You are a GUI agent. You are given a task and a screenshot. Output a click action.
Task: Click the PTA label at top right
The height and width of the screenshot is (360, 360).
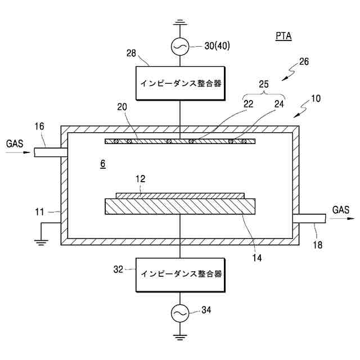(283, 37)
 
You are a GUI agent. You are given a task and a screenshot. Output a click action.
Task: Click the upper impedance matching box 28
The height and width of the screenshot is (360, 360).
(179, 83)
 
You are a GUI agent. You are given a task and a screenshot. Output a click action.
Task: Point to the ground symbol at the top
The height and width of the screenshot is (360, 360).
(179, 24)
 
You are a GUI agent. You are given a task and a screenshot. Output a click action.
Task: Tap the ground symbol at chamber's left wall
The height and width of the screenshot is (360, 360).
(40, 241)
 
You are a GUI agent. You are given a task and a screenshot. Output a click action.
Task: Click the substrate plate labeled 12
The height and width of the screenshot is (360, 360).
(180, 195)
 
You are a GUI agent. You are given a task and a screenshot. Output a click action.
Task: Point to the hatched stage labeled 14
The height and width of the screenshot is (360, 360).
(180, 206)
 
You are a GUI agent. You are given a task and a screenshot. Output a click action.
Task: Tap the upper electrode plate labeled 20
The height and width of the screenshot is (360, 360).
(180, 141)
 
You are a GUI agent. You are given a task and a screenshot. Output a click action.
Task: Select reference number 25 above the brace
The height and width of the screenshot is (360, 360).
(264, 84)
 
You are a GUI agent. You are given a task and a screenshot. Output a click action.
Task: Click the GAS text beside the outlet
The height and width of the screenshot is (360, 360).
(340, 210)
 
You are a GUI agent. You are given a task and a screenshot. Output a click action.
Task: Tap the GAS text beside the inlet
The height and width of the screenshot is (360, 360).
(15, 144)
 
